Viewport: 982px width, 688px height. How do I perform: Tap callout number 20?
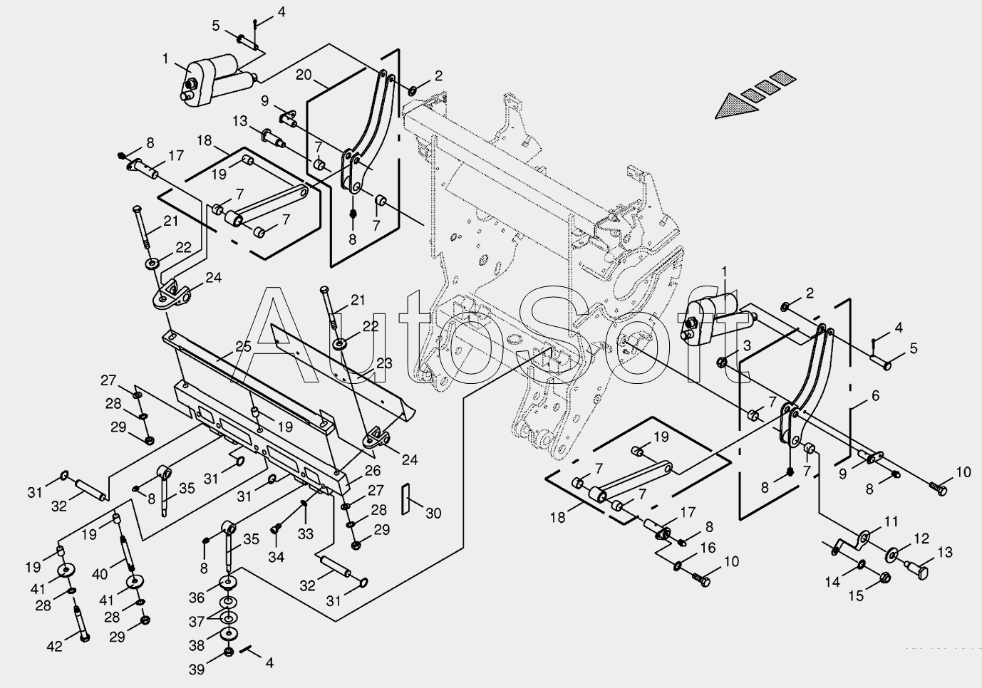[x=304, y=75]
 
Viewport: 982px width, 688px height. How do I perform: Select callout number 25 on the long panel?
[x=244, y=347]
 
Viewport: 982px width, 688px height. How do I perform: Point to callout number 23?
[x=384, y=363]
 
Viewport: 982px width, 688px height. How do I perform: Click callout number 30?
[x=433, y=513]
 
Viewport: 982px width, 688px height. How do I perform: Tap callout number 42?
[x=54, y=646]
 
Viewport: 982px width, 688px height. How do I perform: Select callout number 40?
[x=100, y=574]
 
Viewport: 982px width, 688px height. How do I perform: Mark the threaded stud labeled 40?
[x=127, y=553]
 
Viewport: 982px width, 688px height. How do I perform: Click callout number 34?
[x=276, y=557]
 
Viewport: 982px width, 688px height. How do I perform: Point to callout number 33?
[x=306, y=534]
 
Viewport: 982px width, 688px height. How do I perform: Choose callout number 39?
[x=196, y=669]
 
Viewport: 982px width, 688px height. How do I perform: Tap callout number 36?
[x=196, y=598]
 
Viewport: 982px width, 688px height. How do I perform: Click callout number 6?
[x=875, y=395]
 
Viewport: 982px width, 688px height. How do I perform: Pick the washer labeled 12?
[x=893, y=553]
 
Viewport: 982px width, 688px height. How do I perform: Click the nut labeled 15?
[x=885, y=578]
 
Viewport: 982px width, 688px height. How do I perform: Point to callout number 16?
[x=708, y=548]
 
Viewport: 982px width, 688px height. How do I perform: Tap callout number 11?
[x=891, y=522]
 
